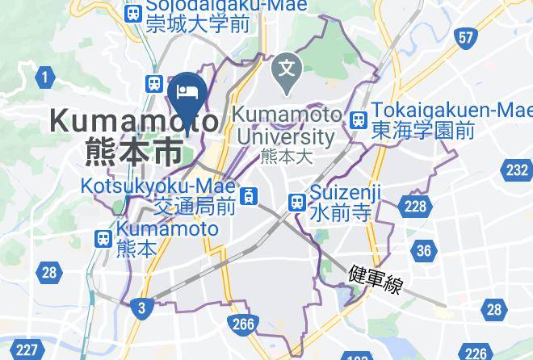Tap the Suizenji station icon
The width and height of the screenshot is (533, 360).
(297, 202)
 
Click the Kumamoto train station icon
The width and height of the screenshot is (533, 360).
(103, 238)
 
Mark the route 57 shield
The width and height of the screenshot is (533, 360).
(465, 37)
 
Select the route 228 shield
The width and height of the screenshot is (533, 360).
(415, 207)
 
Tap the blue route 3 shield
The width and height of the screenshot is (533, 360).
(142, 307)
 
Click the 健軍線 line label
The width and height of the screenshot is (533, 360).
(376, 279)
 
